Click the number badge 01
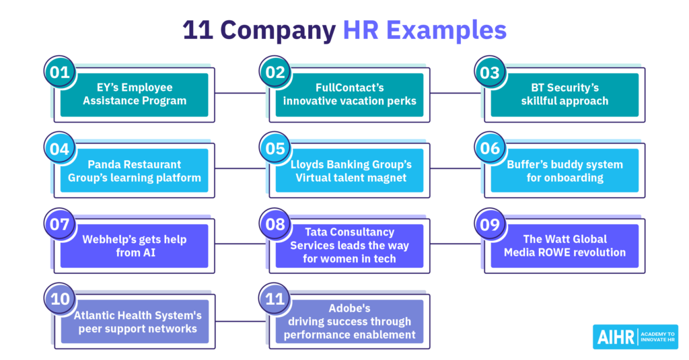[60, 72]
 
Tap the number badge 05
[275, 148]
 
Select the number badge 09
[491, 224]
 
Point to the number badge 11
[275, 299]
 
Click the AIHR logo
[635, 336]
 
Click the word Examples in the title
[447, 30]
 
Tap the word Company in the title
[278, 31]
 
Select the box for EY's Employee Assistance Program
[134, 94]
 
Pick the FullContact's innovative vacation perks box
[349, 94]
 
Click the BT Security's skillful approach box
[565, 94]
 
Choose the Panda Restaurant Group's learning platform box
[134, 170]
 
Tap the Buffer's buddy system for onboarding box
[565, 170]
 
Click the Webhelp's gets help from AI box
[134, 246]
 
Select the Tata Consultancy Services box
[349, 246]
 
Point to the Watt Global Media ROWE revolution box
[565, 246]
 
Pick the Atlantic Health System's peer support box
[135, 322]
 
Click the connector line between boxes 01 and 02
[242, 93]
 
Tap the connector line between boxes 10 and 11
[242, 322]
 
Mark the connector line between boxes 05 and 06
[457, 168]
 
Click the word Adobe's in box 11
[349, 308]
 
